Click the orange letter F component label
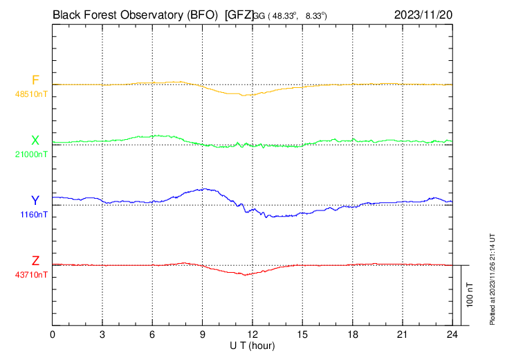click(35, 80)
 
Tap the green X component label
click(35, 141)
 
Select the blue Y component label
click(35, 201)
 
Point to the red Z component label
click(35, 261)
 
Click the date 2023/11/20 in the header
click(423, 13)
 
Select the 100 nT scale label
click(470, 294)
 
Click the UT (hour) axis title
click(253, 345)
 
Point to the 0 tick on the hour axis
click(53, 334)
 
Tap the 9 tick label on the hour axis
click(203, 334)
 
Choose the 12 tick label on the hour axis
click(252, 334)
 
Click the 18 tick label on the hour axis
click(352, 334)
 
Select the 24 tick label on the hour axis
click(452, 334)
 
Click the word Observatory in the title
click(147, 13)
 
